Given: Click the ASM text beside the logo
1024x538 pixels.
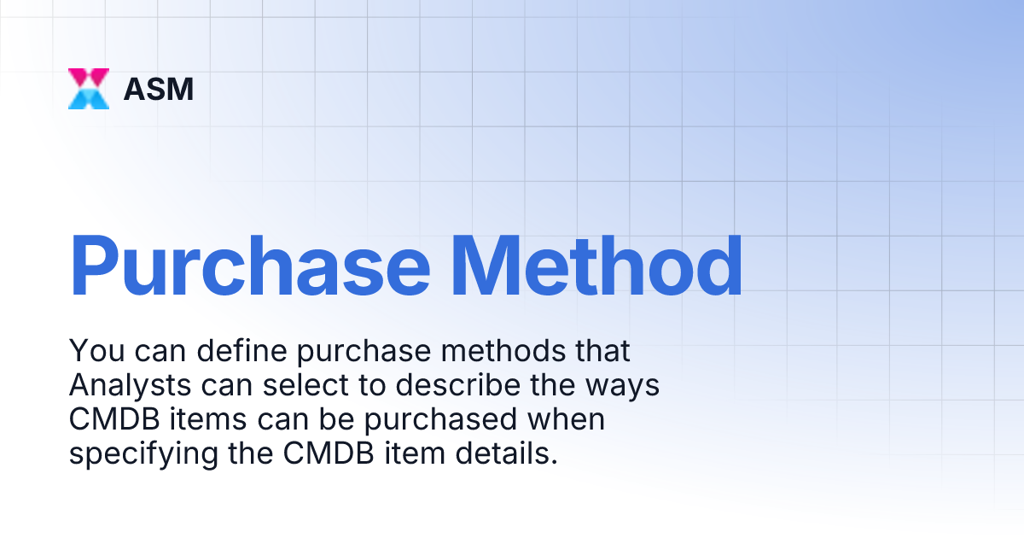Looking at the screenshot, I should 159,89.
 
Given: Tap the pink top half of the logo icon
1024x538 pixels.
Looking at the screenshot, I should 89,78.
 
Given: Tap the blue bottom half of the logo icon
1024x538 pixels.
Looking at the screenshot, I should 89,99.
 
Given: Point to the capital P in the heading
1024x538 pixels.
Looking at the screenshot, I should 96,265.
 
